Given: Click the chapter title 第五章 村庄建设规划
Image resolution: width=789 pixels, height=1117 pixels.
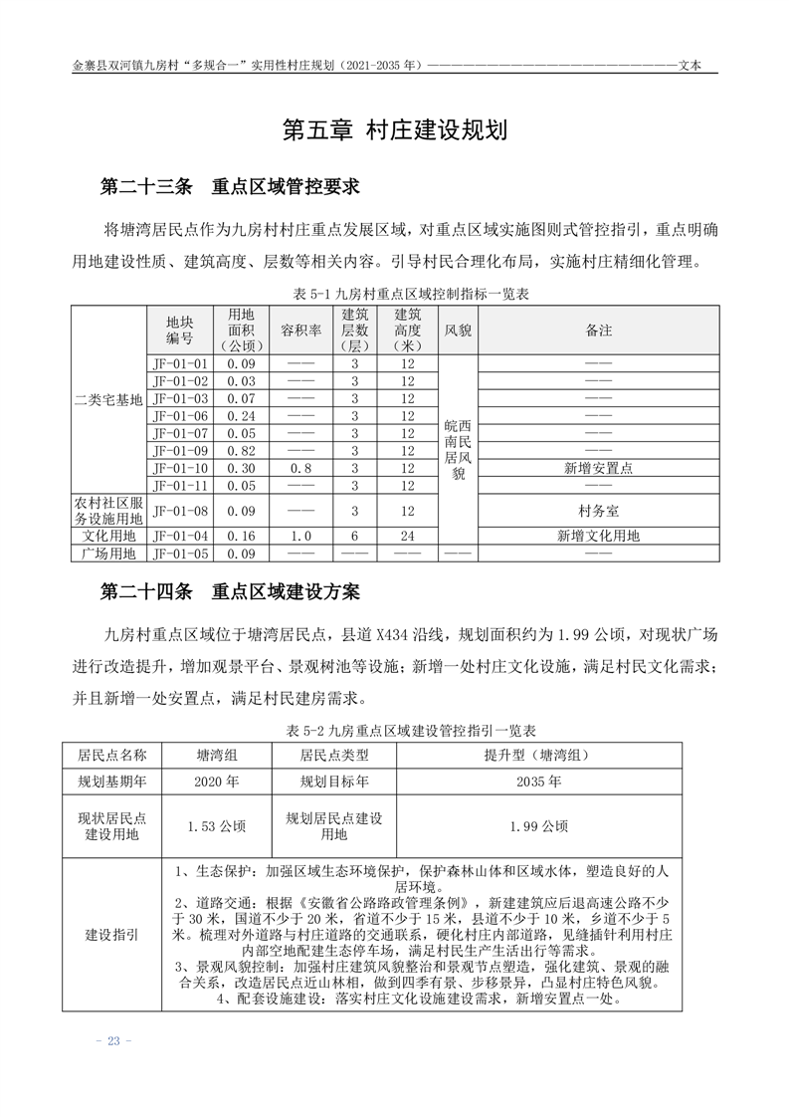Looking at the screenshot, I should coord(395,130).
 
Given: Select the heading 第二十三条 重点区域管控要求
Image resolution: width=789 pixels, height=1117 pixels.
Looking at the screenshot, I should coord(230,186).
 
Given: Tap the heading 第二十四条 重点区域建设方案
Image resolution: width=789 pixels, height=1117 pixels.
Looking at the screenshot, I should coord(230,591).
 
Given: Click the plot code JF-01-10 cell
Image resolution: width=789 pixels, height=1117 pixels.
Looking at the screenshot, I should coord(180,468).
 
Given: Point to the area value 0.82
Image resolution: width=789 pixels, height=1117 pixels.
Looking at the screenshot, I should coord(241,450).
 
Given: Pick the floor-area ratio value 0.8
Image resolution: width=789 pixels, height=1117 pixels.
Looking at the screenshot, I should coord(300,468).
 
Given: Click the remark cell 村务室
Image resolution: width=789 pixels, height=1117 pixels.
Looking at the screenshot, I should coord(598,511).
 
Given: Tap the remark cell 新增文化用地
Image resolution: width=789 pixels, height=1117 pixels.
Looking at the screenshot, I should coord(598,536).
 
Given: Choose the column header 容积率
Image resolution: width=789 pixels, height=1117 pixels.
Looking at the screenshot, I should coord(300,330).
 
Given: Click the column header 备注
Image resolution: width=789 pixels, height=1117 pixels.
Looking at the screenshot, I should coord(598,330).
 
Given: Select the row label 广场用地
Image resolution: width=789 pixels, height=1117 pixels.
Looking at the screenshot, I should coord(108,554).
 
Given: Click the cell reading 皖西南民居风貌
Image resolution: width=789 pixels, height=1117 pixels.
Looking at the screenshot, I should coord(458,450).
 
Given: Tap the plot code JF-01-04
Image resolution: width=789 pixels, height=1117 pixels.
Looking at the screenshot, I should coord(180,536).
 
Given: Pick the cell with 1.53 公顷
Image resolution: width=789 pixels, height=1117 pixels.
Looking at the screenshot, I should coord(216,825).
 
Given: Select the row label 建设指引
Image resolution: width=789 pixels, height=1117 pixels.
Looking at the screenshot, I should coord(111,935).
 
